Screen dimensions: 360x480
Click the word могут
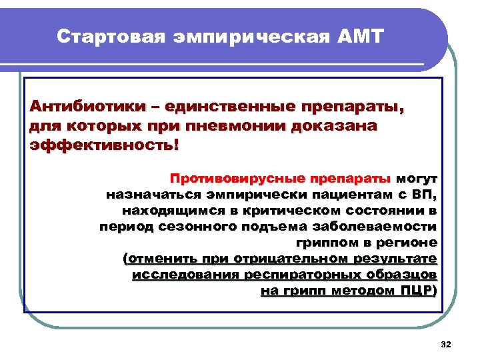click(417, 179)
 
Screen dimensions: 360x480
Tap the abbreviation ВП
click(423, 195)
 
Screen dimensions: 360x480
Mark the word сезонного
click(194, 227)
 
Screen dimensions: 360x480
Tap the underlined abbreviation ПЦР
click(418, 291)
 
